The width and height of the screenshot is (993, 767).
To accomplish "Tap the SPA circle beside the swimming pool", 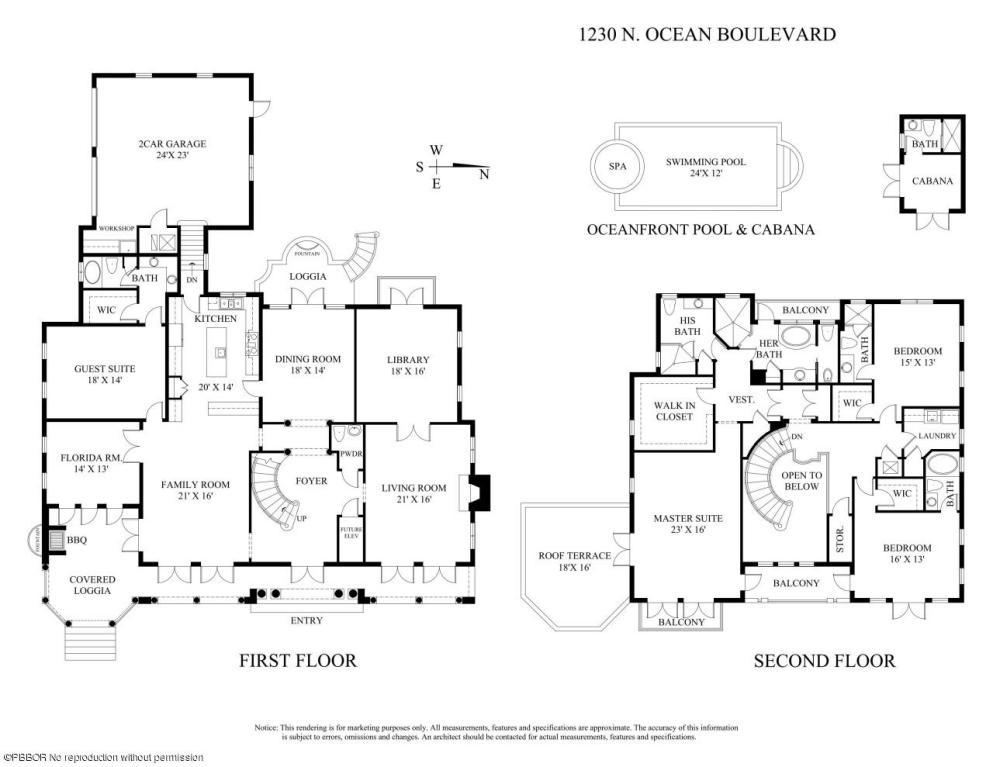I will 617,166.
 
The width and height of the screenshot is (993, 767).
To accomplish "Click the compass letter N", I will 484,174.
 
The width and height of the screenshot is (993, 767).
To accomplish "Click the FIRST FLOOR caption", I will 297,660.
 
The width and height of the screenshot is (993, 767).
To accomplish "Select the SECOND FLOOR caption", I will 824,660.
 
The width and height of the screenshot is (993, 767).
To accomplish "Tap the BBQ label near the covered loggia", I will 57,538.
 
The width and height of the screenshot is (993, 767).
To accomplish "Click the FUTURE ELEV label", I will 351,533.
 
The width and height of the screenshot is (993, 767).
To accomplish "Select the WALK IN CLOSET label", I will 673,410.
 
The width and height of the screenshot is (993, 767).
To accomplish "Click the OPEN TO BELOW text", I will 801,481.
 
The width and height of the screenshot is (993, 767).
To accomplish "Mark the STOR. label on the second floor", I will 840,540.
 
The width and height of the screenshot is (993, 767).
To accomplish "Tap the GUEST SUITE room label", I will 104,375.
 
